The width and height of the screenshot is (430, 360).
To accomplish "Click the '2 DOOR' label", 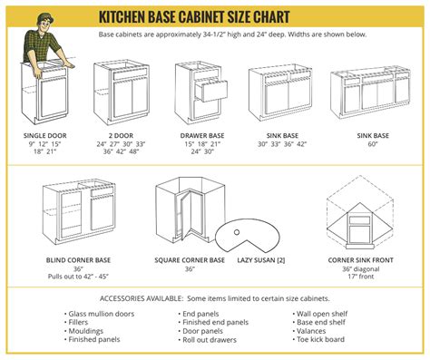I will point(121,135).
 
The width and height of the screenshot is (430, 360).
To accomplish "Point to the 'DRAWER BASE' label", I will point(203,135).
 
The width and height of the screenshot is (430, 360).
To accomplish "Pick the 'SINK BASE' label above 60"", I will point(372,135).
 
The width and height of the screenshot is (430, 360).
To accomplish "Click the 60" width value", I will point(372,144).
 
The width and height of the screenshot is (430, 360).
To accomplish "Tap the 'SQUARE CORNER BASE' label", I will point(190,260).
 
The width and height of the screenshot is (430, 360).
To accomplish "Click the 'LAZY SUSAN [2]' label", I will point(260,260).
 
